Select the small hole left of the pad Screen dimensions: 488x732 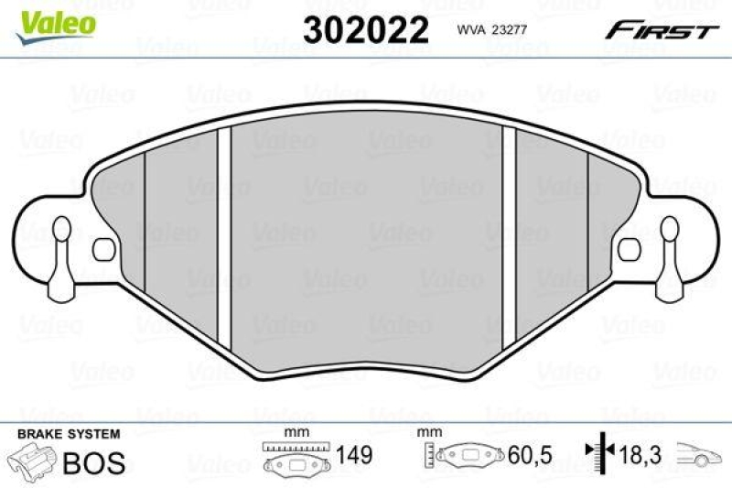[103, 247]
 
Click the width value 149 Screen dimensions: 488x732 [354, 456]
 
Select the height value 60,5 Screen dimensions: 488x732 [531, 456]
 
